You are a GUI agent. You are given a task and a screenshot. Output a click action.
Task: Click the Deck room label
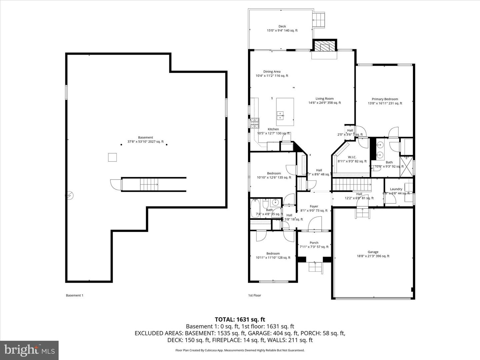click(x=282, y=27)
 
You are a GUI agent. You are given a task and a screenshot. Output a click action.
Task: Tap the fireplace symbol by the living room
click(x=324, y=47)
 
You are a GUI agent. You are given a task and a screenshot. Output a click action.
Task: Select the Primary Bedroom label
click(x=385, y=99)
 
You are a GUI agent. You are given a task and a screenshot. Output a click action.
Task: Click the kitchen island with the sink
click(x=285, y=112)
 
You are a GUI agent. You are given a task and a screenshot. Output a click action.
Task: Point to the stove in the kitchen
click(x=255, y=123)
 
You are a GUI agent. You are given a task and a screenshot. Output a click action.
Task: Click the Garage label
click(x=373, y=252)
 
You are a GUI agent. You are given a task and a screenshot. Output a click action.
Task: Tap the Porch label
click(x=314, y=243)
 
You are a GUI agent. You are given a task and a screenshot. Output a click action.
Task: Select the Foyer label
click(x=314, y=207)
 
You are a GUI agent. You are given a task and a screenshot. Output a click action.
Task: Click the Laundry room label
click(x=396, y=189)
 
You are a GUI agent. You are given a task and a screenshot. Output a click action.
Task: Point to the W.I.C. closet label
click(x=352, y=157)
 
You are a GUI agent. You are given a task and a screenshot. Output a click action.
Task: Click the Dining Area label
click(x=272, y=72)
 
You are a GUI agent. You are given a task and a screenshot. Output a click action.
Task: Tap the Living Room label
click(x=324, y=99)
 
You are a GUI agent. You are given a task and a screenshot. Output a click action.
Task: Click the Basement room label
click(x=145, y=138)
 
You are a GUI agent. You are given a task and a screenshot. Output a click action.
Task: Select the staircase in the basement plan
click(x=149, y=184)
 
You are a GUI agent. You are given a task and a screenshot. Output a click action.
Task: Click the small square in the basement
click(x=112, y=157)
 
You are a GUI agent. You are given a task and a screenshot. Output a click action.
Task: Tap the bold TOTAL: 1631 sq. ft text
click(x=240, y=320)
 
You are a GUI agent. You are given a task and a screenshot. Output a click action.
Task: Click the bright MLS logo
click(x=29, y=350)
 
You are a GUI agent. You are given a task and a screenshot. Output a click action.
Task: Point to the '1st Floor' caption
click(x=255, y=295)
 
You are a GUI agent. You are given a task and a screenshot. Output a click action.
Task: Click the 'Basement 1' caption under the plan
click(x=75, y=295)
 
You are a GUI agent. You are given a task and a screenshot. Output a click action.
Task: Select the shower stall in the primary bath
click(x=407, y=166)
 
